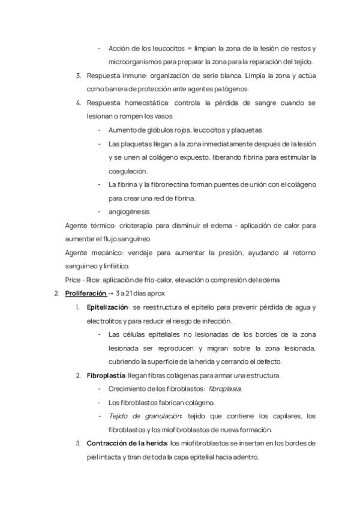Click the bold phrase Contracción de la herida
[127, 444]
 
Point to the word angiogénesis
[129, 212]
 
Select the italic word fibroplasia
[225, 389]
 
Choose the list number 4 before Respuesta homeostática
[79, 103]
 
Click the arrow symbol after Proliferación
[110, 294]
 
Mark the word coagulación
[130, 171]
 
